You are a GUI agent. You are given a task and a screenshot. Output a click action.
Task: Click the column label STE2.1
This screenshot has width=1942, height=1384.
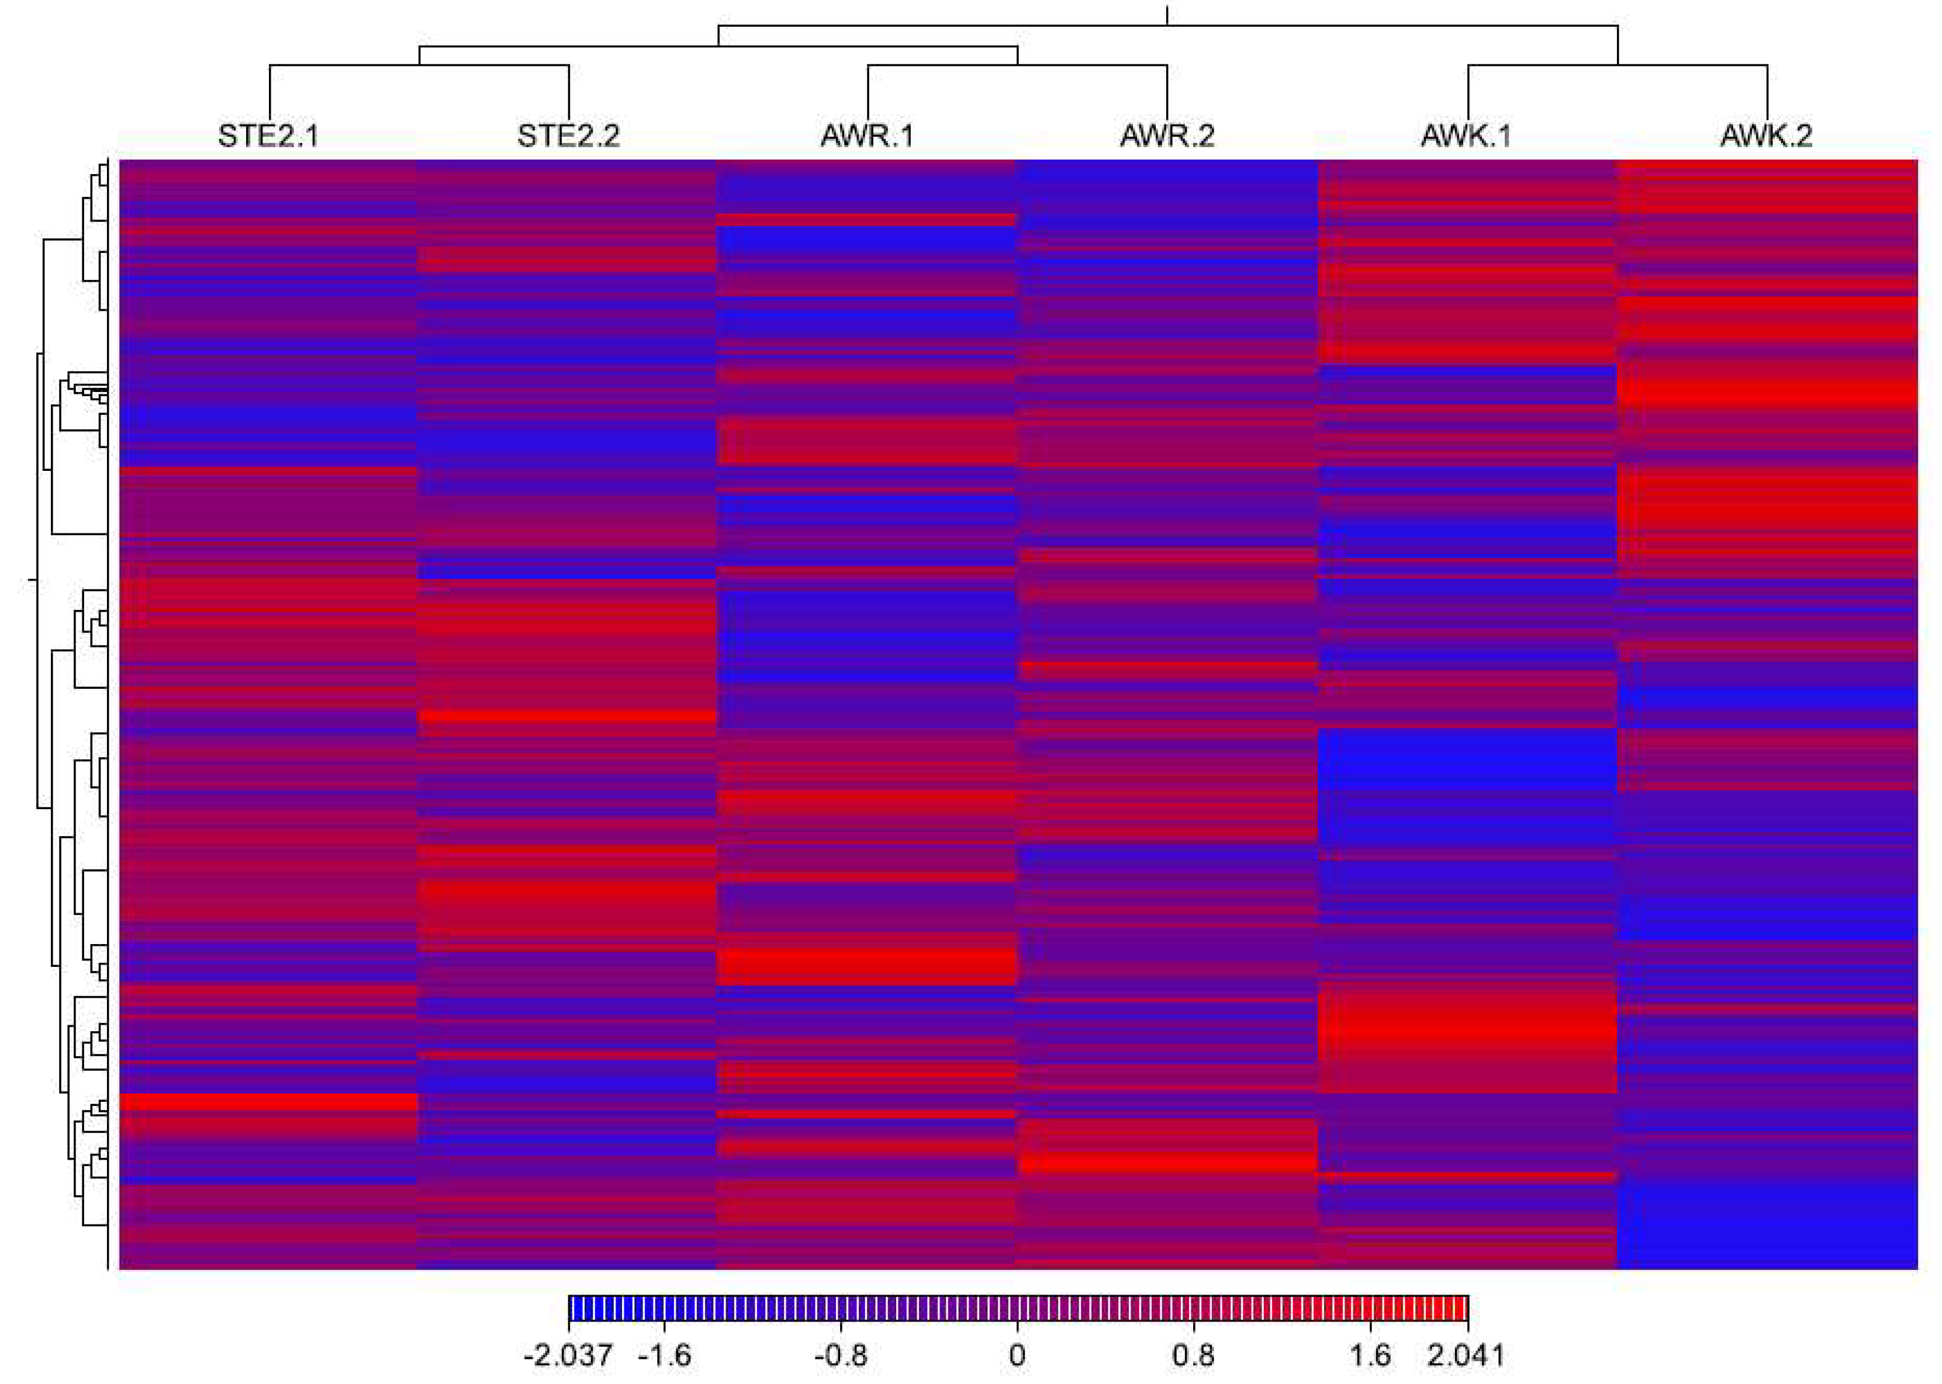pos(268,136)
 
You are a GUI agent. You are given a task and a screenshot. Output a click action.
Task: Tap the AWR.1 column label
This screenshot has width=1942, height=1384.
pos(867,136)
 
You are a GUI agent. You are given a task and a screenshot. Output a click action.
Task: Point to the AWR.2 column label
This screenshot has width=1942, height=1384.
pos(1166,136)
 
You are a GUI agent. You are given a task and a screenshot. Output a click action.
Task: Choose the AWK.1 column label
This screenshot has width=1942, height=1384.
pos(1466,136)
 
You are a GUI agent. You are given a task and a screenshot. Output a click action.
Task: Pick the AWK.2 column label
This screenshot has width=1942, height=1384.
pos(1765,136)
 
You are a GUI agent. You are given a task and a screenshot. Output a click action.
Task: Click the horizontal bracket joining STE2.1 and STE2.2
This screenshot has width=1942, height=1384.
pos(419,65)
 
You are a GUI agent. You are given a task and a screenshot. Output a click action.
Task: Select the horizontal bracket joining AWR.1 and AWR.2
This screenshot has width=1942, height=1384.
pos(1017,65)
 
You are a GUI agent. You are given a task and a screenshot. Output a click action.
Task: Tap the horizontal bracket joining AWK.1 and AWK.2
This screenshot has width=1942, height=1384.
pos(1617,65)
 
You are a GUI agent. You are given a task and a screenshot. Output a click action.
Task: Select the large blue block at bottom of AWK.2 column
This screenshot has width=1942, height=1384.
pos(1767,1227)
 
